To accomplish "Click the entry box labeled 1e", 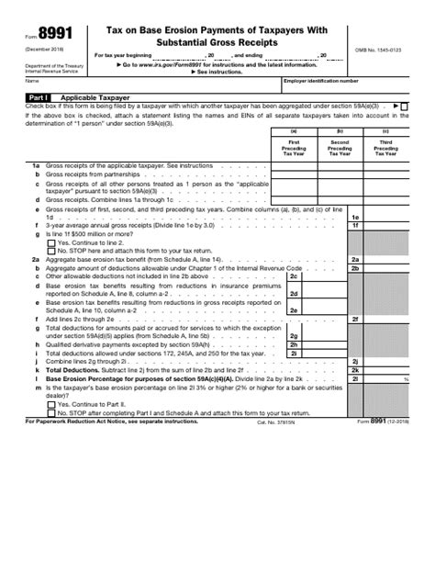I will (x=385, y=216).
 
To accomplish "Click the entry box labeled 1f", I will (x=385, y=225).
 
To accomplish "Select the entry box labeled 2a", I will (x=385, y=259).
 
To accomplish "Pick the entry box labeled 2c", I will (x=321, y=275).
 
